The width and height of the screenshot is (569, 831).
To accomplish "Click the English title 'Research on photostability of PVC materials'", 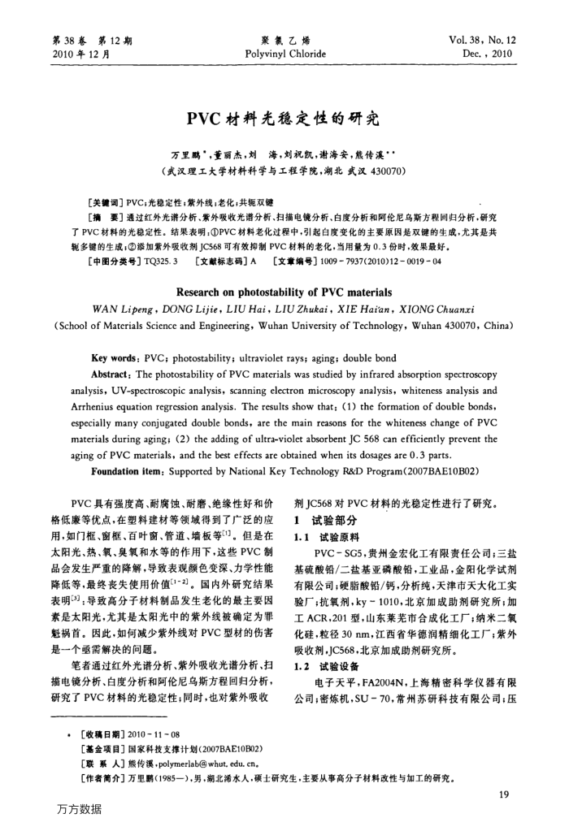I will pyautogui.click(x=284, y=292).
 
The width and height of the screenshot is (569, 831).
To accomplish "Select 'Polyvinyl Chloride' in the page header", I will pyautogui.click(x=284, y=54).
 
